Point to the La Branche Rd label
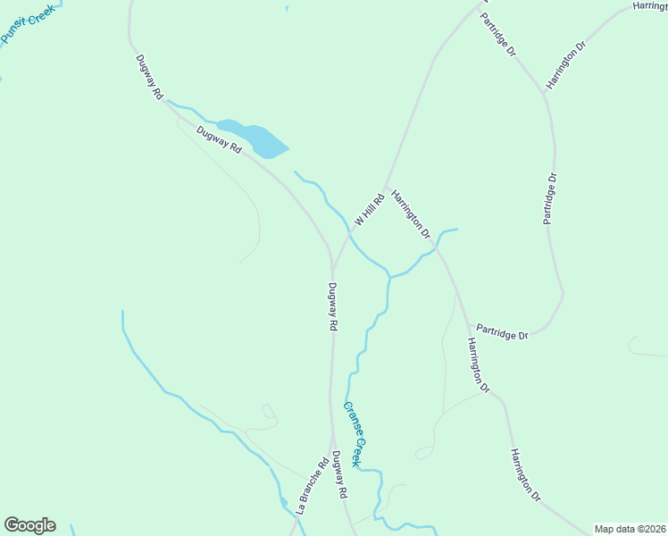pyautogui.click(x=309, y=486)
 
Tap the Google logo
pyautogui.click(x=29, y=525)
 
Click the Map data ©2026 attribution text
pyautogui.click(x=629, y=529)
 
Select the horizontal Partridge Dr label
pyautogui.click(x=501, y=332)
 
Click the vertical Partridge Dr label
pyautogui.click(x=551, y=198)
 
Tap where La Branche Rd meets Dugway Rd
pyautogui.click(x=332, y=444)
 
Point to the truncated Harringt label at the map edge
pyautogui.click(x=649, y=5)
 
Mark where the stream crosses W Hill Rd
pyautogui.click(x=350, y=237)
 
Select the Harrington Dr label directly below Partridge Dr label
pyautogui.click(x=478, y=365)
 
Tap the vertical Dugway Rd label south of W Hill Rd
pyautogui.click(x=331, y=307)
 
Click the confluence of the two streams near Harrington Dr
pyautogui.click(x=389, y=275)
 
